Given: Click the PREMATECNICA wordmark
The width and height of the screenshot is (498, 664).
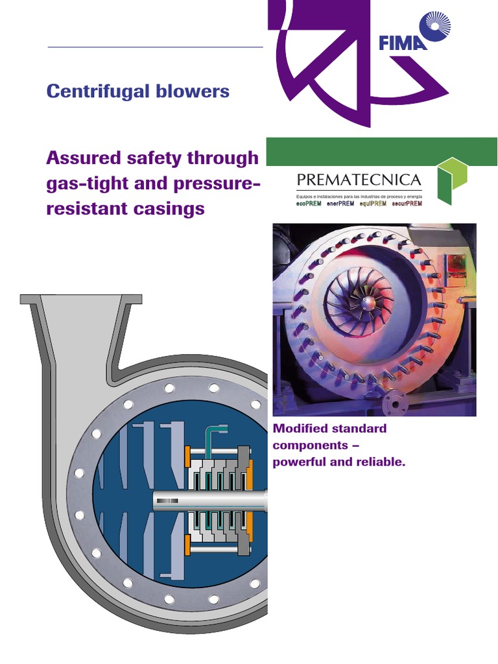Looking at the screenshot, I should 359,180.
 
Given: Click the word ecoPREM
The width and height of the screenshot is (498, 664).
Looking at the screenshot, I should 309,204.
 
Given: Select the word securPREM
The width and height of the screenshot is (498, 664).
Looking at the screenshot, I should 407,204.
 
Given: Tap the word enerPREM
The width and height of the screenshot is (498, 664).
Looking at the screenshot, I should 341,204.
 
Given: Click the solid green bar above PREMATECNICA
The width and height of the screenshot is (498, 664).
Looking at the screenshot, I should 382,152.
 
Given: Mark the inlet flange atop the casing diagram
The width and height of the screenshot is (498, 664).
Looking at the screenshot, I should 81,300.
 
